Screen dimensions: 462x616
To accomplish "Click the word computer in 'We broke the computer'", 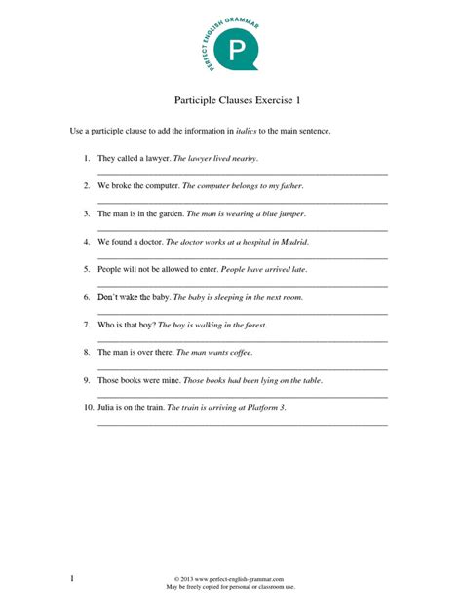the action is tap(161, 185).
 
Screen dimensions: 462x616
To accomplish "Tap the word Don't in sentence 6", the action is tap(107, 297).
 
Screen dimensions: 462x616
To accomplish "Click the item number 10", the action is tap(88, 408).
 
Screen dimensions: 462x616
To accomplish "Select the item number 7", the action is tap(87, 325).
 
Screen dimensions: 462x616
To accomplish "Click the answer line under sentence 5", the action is tap(243, 286).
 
